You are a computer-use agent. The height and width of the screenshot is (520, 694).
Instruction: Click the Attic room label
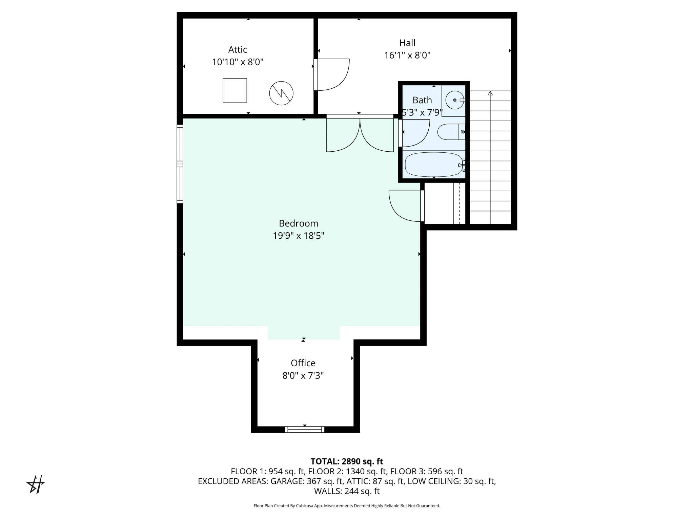click(238, 50)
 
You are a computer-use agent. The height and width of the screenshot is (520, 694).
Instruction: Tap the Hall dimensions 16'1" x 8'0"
click(407, 55)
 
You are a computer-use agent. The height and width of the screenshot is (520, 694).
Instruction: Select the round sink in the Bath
click(454, 100)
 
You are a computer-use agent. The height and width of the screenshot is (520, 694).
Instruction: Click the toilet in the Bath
click(451, 132)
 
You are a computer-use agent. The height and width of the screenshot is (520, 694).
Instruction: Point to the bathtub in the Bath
click(434, 165)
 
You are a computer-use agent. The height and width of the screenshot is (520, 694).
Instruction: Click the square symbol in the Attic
click(235, 90)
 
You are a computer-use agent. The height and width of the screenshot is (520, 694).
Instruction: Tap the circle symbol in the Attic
click(281, 93)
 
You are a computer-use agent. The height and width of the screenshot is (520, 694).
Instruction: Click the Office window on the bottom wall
click(305, 430)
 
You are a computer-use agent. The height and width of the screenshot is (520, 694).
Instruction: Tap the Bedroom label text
click(299, 223)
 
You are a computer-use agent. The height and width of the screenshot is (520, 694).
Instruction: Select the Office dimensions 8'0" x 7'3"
click(303, 376)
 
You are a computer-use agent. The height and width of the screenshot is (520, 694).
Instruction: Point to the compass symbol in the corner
click(36, 484)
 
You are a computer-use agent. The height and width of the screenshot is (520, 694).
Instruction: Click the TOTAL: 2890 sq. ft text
click(347, 461)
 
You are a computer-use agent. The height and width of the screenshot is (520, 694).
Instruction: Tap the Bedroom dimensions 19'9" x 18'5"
click(299, 236)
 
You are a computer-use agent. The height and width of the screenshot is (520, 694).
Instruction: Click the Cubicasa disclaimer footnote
click(347, 506)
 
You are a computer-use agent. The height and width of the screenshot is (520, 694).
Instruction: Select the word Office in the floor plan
click(303, 363)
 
